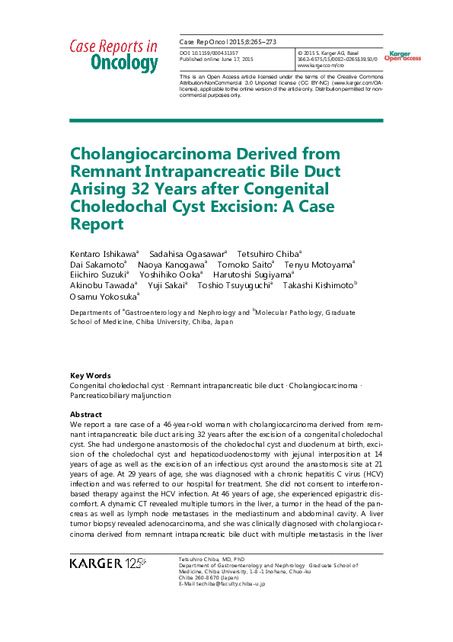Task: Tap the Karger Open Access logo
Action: click(402, 56)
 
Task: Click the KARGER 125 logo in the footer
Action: click(108, 563)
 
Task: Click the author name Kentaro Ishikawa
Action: click(103, 252)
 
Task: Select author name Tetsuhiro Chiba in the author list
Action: click(269, 252)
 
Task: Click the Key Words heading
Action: click(90, 375)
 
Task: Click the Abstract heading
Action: click(86, 412)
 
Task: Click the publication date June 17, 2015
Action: click(236, 59)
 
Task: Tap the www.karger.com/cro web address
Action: click(317, 66)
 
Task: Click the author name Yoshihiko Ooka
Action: click(175, 274)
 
